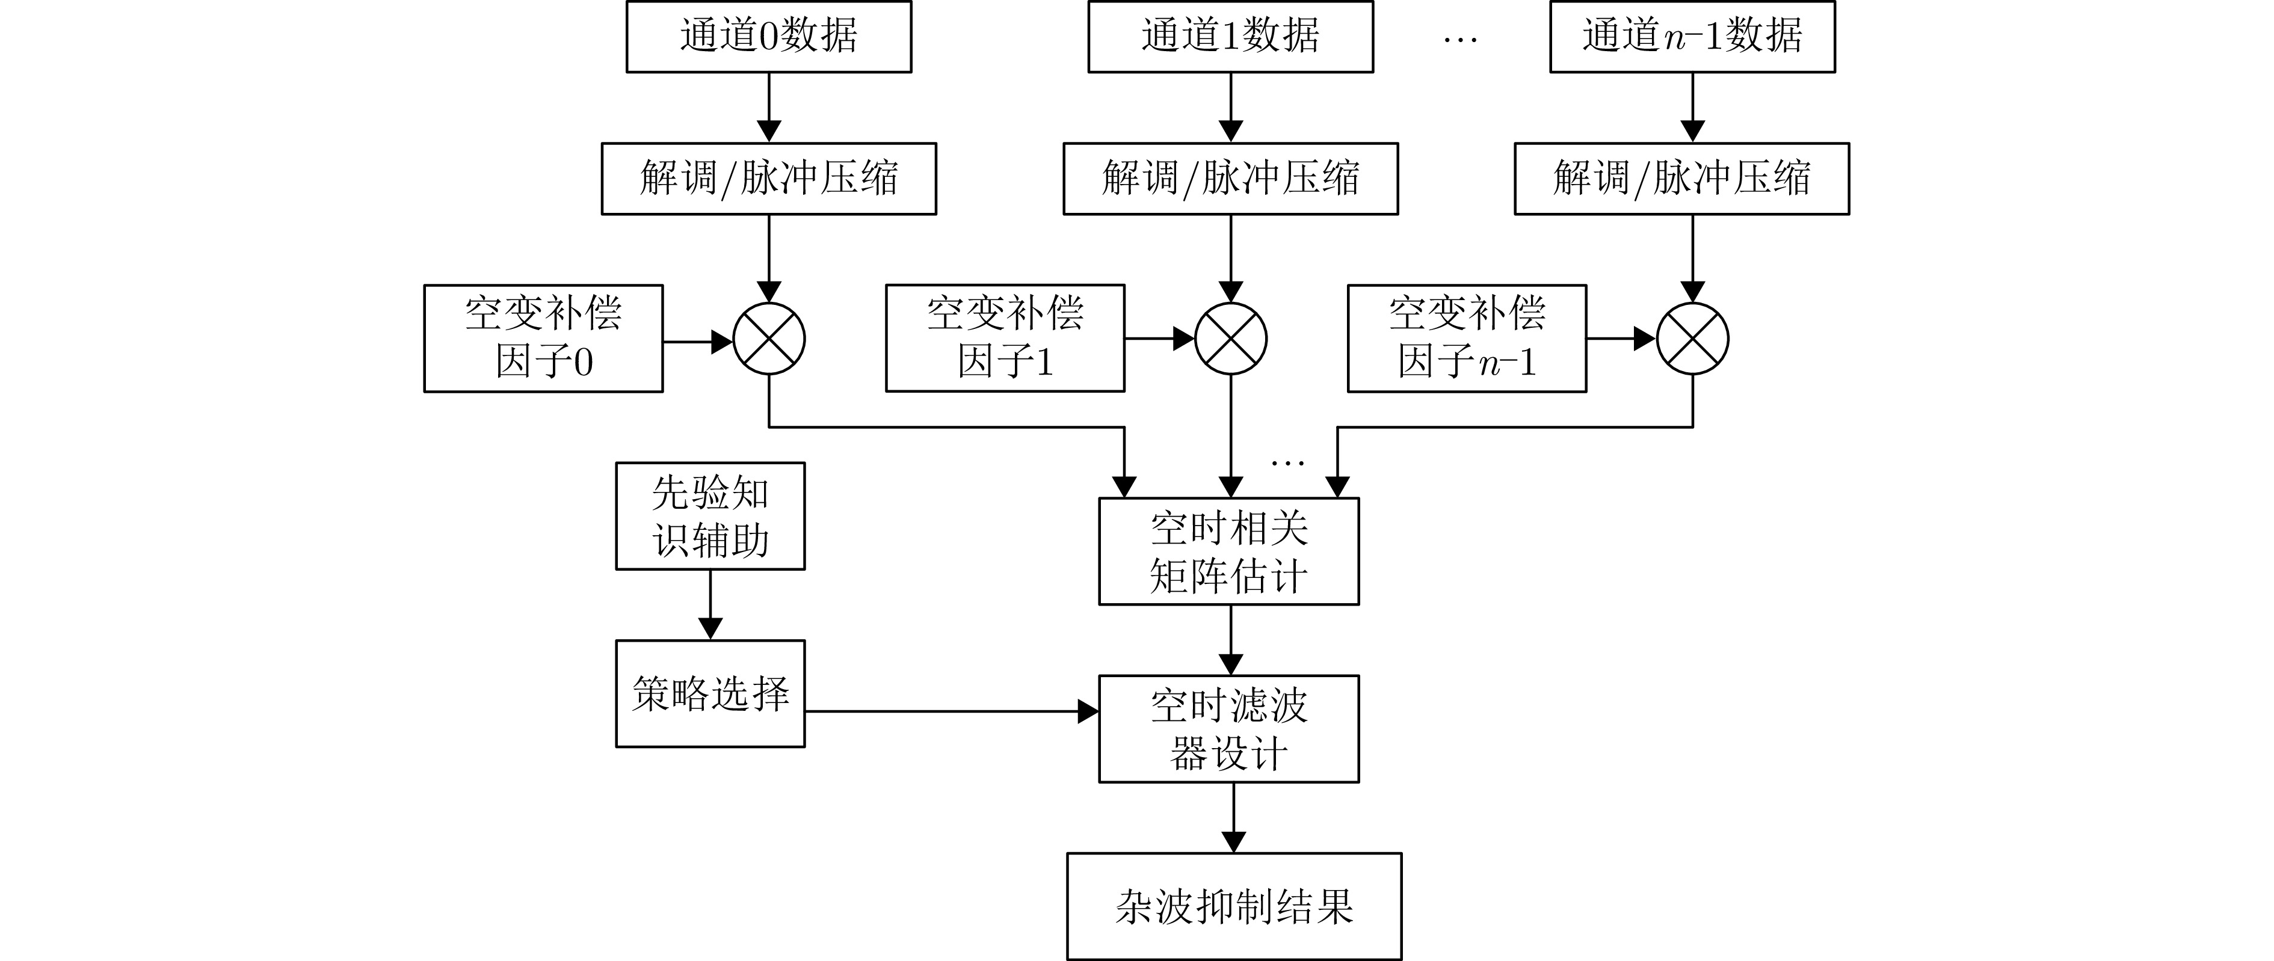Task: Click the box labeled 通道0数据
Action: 768,36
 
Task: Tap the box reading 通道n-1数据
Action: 1692,36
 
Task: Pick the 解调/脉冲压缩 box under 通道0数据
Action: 768,178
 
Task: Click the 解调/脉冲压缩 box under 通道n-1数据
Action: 1681,178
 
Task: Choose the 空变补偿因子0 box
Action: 543,338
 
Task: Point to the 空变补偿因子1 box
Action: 1005,338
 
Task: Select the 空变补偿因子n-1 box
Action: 1466,338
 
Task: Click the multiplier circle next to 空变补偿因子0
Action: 769,339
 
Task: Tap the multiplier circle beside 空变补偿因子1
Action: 1231,339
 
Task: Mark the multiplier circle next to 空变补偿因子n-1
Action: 1692,339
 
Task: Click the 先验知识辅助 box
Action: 710,516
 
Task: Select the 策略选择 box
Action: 710,693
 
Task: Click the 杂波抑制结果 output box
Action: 1233,906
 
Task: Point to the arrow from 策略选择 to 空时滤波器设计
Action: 949,711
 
